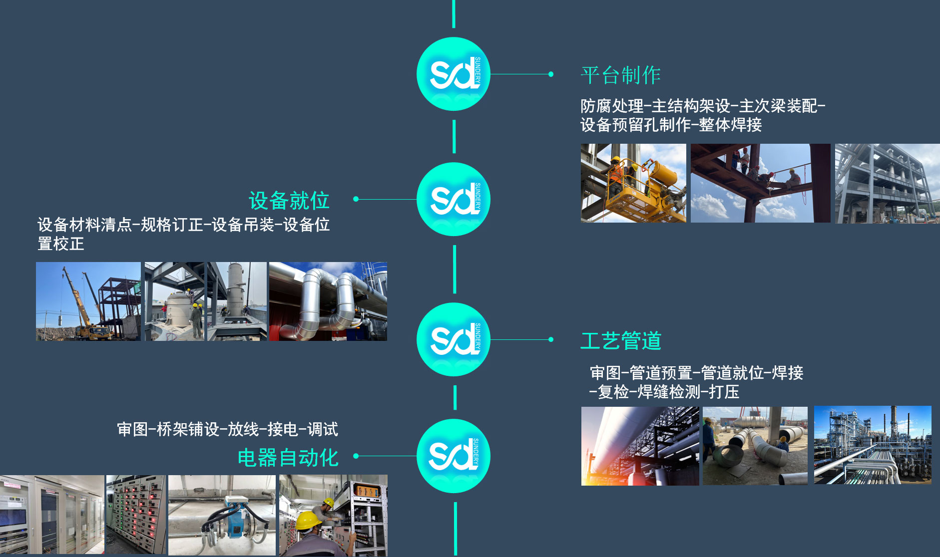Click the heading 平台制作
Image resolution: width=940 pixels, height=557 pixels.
tap(620, 75)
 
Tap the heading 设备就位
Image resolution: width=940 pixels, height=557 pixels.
tap(289, 201)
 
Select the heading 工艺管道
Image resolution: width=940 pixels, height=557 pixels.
tap(620, 341)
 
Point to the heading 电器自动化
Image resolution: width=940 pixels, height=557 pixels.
tap(288, 458)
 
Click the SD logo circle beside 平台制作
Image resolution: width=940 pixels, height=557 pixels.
tap(454, 74)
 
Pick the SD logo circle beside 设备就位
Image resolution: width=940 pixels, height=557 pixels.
tap(454, 199)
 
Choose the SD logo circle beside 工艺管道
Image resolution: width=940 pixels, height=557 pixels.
tap(454, 339)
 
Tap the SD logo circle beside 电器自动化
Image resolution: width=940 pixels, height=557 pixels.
tap(454, 456)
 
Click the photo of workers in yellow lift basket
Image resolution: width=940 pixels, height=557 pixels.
tap(633, 183)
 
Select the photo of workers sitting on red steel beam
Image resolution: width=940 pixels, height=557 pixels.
tap(760, 183)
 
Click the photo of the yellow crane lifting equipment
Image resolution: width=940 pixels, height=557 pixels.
tap(88, 301)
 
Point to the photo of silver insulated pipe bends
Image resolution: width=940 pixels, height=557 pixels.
tap(328, 301)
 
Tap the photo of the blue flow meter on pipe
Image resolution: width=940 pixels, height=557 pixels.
tap(222, 515)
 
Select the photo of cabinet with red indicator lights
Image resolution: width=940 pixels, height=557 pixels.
tap(136, 515)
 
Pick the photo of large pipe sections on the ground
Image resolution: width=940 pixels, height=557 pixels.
tap(755, 446)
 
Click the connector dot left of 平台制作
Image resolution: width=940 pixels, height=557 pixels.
tap(551, 74)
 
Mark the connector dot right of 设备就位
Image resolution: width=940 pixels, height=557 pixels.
tap(356, 199)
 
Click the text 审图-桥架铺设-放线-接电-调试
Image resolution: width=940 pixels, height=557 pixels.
tap(227, 429)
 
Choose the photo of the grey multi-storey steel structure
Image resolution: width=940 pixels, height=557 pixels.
tap(887, 183)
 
